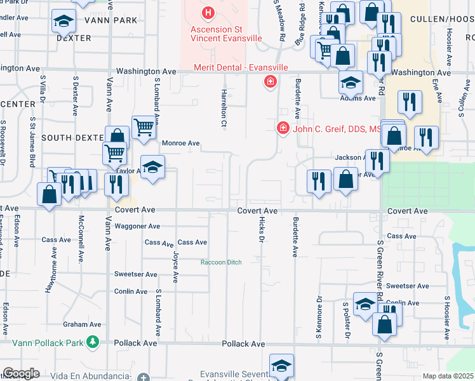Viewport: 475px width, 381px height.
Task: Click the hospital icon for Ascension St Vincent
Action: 208,12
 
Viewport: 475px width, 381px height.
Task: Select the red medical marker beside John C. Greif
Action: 283,128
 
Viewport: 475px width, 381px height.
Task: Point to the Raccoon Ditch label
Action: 221,262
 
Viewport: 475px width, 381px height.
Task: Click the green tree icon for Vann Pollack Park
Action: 93,342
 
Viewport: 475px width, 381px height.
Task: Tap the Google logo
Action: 21,373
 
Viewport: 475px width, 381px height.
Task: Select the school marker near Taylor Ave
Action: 152,168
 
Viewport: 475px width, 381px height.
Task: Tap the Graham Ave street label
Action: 87,324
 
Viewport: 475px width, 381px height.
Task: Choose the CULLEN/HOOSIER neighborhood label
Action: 443,21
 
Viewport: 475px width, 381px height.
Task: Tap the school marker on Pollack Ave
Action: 281,366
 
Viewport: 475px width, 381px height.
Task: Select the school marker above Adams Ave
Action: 350,82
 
